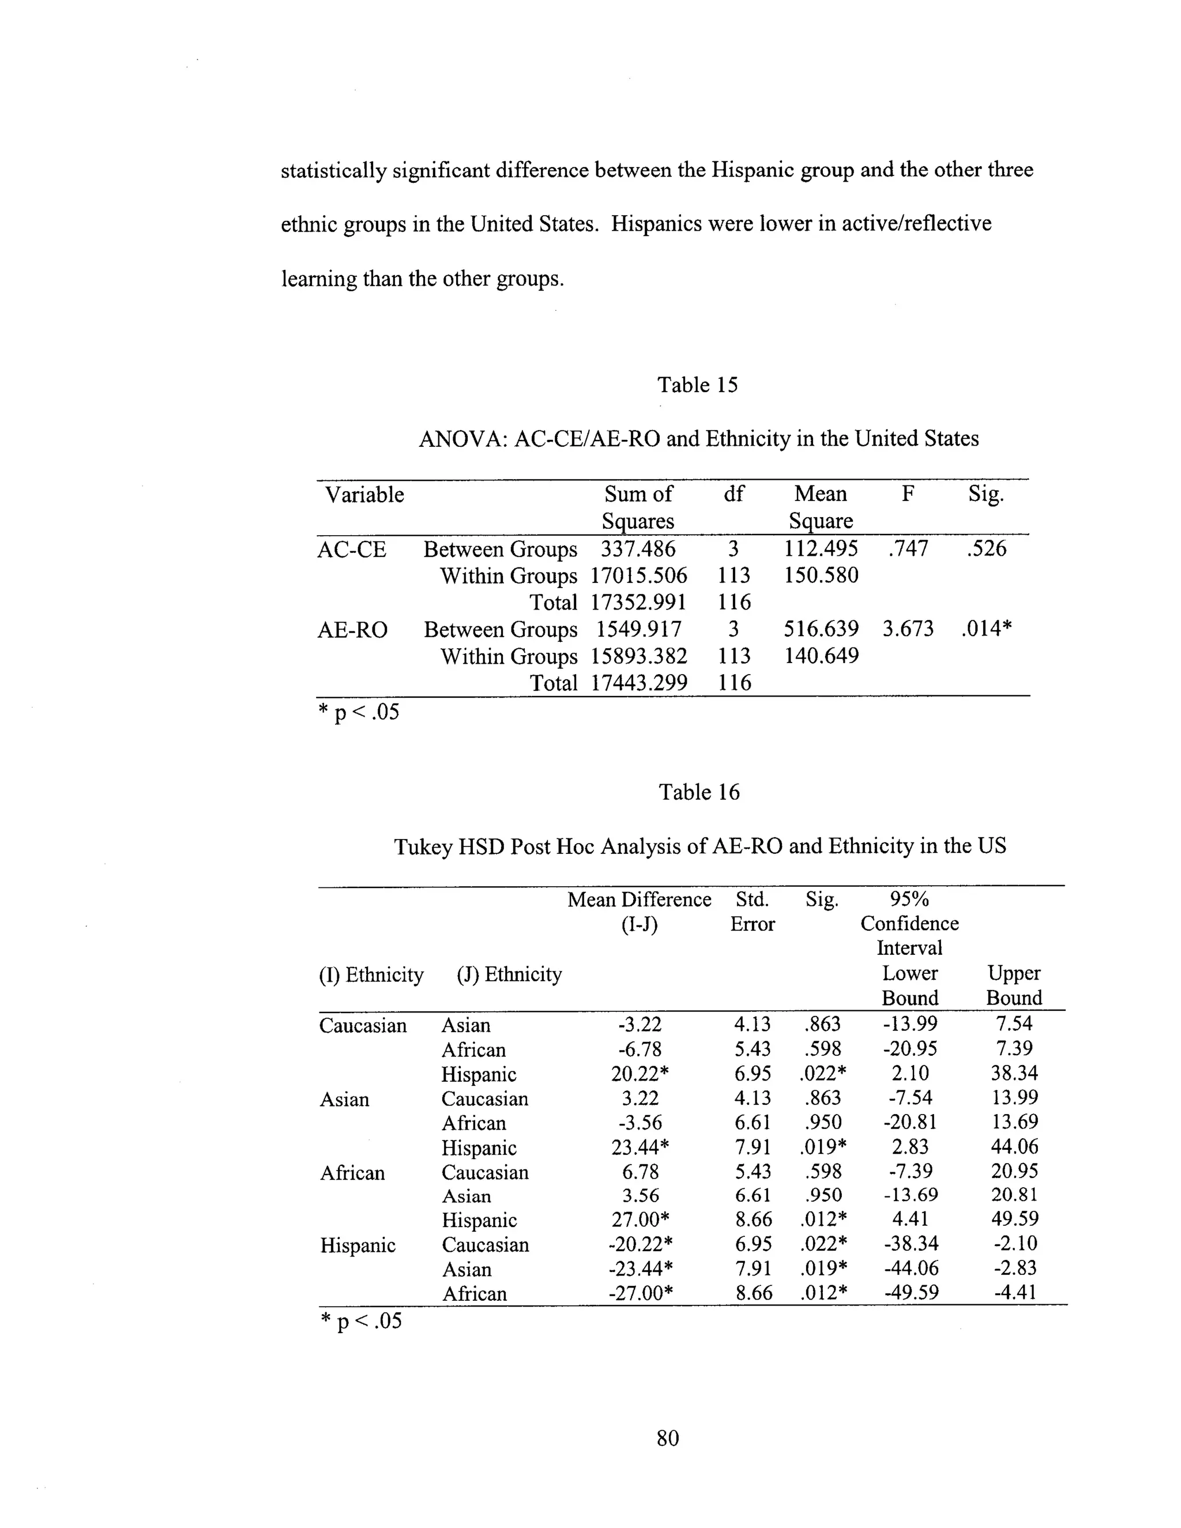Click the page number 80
(667, 1437)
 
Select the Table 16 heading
(698, 792)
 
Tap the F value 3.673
(908, 628)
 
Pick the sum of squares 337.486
(638, 548)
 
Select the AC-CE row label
(351, 549)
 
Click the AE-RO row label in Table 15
(352, 630)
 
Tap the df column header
(734, 494)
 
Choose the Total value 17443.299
(638, 682)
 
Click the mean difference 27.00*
(641, 1220)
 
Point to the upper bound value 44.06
(1014, 1146)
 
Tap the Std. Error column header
(752, 911)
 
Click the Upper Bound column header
(1014, 985)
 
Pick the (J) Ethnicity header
(509, 974)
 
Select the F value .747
(908, 548)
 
